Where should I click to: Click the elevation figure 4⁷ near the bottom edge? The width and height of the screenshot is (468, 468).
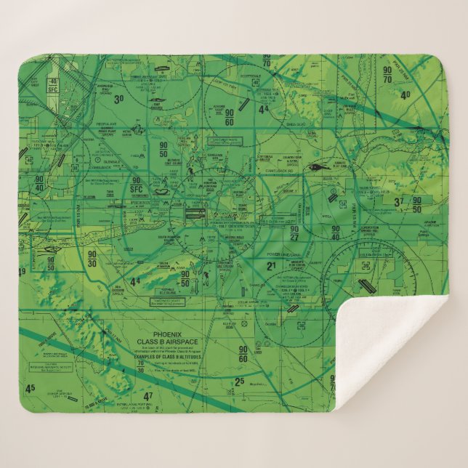coord(148,396)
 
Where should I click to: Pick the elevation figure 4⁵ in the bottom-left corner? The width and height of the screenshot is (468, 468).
coord(30,389)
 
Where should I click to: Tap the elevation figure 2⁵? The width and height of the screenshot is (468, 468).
coord(239,382)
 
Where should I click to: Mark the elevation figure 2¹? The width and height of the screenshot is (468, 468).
coord(271,267)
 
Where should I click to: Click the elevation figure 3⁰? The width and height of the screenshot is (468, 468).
coord(118,98)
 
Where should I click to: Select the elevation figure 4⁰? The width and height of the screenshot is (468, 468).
coord(406,94)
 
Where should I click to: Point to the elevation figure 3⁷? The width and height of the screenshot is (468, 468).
coord(398,202)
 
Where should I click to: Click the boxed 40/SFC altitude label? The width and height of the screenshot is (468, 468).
coord(52,86)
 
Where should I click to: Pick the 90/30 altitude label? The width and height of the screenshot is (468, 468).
coord(92,259)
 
